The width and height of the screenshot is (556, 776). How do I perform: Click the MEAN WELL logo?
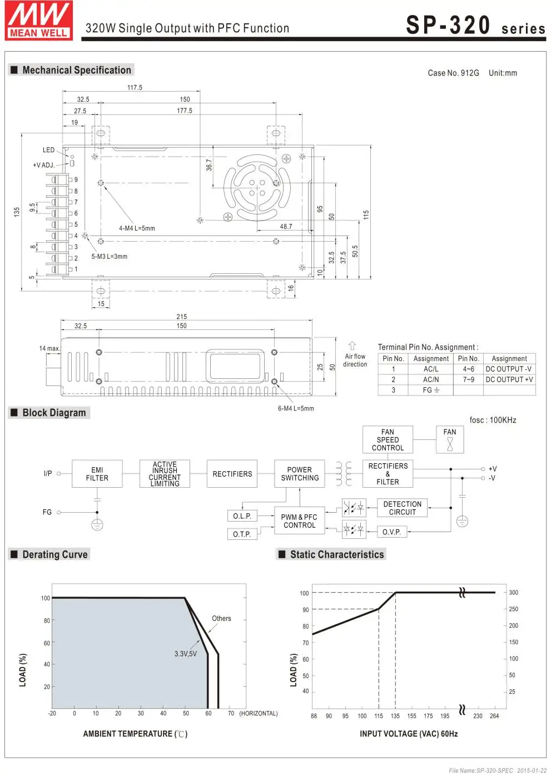pyautogui.click(x=39, y=21)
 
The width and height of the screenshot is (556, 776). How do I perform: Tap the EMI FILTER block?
pyautogui.click(x=97, y=474)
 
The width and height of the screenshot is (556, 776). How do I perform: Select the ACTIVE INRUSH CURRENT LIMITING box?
pyautogui.click(x=165, y=474)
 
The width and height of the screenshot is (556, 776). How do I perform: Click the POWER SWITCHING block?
pyautogui.click(x=300, y=474)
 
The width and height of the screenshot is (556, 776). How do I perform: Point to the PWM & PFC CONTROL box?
pyautogui.click(x=300, y=521)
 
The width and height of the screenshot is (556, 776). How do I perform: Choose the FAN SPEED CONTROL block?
pyautogui.click(x=388, y=440)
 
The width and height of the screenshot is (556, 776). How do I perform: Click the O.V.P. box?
pyautogui.click(x=391, y=532)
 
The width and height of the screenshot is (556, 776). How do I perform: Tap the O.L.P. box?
pyautogui.click(x=242, y=516)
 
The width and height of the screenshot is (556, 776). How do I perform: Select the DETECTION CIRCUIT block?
pyautogui.click(x=403, y=508)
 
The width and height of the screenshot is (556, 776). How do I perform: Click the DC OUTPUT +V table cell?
pyautogui.click(x=509, y=379)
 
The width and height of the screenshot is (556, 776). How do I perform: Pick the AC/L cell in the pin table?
pyautogui.click(x=431, y=369)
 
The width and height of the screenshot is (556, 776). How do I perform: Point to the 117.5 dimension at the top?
pyautogui.click(x=135, y=88)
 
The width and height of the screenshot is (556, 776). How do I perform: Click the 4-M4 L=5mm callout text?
pyautogui.click(x=137, y=228)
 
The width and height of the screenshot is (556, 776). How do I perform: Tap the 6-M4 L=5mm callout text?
pyautogui.click(x=296, y=409)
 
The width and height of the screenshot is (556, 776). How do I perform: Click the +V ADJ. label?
pyautogui.click(x=44, y=165)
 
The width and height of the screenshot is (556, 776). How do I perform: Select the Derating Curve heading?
pyautogui.click(x=54, y=554)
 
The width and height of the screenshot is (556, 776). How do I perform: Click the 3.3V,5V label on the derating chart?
pyautogui.click(x=186, y=654)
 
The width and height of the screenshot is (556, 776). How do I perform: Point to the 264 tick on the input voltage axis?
pyautogui.click(x=494, y=716)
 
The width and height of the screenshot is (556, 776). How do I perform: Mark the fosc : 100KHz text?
pyautogui.click(x=493, y=420)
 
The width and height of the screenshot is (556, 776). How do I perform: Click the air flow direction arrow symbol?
pyautogui.click(x=352, y=346)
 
